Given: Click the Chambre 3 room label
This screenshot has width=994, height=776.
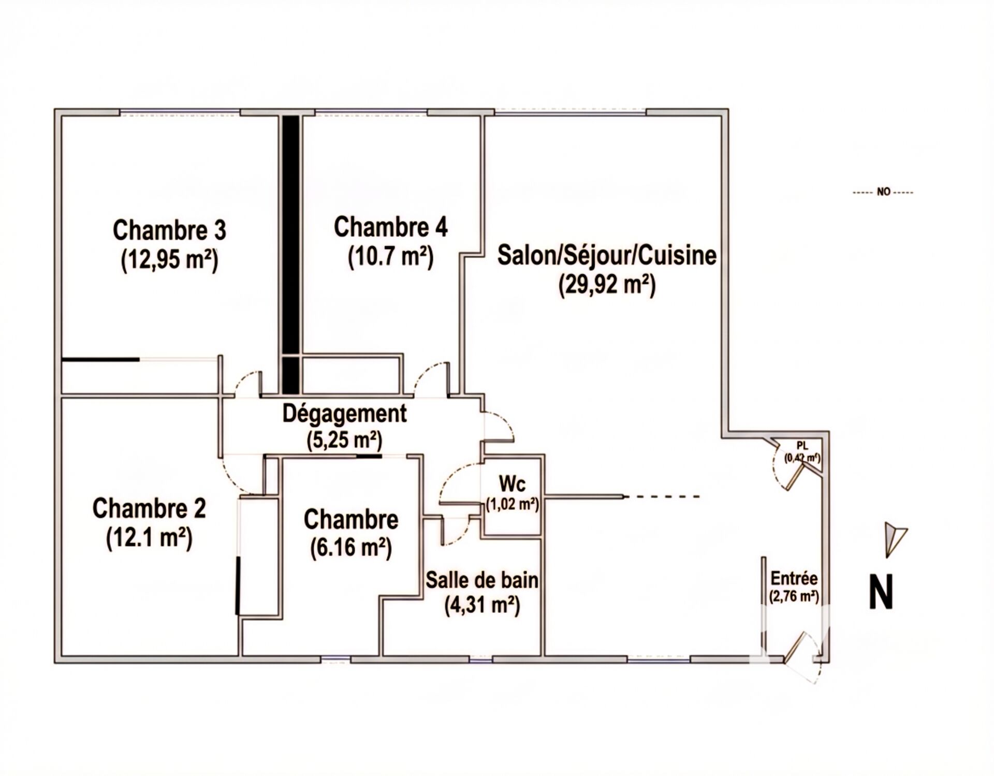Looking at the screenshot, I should click(x=169, y=230).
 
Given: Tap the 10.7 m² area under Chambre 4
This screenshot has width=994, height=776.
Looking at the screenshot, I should click(x=390, y=257).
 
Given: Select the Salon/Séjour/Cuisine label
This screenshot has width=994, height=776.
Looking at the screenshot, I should click(x=607, y=256).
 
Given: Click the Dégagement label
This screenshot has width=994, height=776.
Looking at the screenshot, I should click(x=344, y=414).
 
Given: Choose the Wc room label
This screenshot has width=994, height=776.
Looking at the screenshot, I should click(x=512, y=484).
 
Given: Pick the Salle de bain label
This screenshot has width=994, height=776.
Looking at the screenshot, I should click(x=481, y=580).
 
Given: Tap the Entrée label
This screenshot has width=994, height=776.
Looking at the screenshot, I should click(x=794, y=578).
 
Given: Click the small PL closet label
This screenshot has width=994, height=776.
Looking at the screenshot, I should click(x=802, y=446).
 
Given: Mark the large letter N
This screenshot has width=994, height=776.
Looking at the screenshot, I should click(x=881, y=593).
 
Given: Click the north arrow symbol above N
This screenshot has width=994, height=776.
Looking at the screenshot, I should click(x=894, y=538).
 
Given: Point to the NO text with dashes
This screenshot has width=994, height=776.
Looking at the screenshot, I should click(x=883, y=192).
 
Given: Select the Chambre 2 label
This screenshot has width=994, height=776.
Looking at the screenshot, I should click(x=149, y=508).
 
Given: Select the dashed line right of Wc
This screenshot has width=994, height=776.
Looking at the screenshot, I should click(x=663, y=497).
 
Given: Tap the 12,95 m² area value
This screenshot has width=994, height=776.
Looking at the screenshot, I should click(x=169, y=259).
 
